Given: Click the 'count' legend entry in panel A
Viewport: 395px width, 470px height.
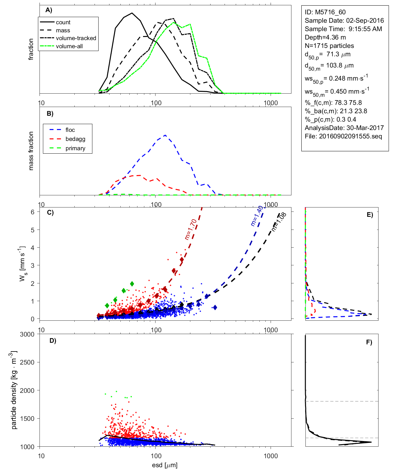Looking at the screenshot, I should point(63,22).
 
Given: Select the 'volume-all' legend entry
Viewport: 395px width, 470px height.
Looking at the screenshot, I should point(69,46).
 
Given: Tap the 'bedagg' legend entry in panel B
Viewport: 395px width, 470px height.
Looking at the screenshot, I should point(75,139).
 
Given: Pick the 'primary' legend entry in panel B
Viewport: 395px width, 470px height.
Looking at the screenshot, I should point(75,148).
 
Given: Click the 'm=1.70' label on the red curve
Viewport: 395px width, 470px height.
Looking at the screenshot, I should point(191,229).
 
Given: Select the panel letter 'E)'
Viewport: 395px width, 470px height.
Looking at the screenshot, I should point(370,215).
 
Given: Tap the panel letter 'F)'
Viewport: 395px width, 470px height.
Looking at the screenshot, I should point(369,342).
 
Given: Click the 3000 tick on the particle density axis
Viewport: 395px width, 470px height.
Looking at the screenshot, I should point(27,334).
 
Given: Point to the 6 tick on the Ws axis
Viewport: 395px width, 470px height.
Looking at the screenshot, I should point(32,212).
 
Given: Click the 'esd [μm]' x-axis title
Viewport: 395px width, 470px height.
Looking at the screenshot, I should point(165,465).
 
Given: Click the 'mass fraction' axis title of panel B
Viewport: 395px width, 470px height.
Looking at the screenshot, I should point(31,151).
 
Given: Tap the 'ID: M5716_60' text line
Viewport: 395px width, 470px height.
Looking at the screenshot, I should point(325,12).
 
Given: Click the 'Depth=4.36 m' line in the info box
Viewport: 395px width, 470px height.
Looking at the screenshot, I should point(325,37).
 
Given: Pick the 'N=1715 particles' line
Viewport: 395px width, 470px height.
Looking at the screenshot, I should point(329,46).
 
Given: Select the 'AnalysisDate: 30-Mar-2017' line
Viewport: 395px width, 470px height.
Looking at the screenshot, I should point(344,128).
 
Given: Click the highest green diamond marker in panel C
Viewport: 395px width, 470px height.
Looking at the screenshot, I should point(132,284).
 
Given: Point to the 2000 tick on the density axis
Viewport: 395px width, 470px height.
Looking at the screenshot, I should point(27,390).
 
